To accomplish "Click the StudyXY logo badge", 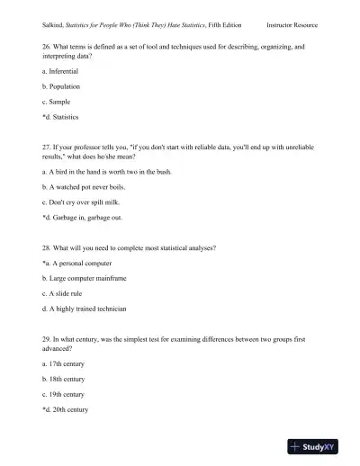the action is tap(319, 445).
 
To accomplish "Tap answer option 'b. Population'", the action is tap(61, 86).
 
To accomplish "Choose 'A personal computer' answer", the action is tap(79, 262).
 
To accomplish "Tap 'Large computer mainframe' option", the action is tap(82, 277).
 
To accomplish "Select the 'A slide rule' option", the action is tap(65, 293).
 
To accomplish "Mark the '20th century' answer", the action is tap(65, 409).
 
